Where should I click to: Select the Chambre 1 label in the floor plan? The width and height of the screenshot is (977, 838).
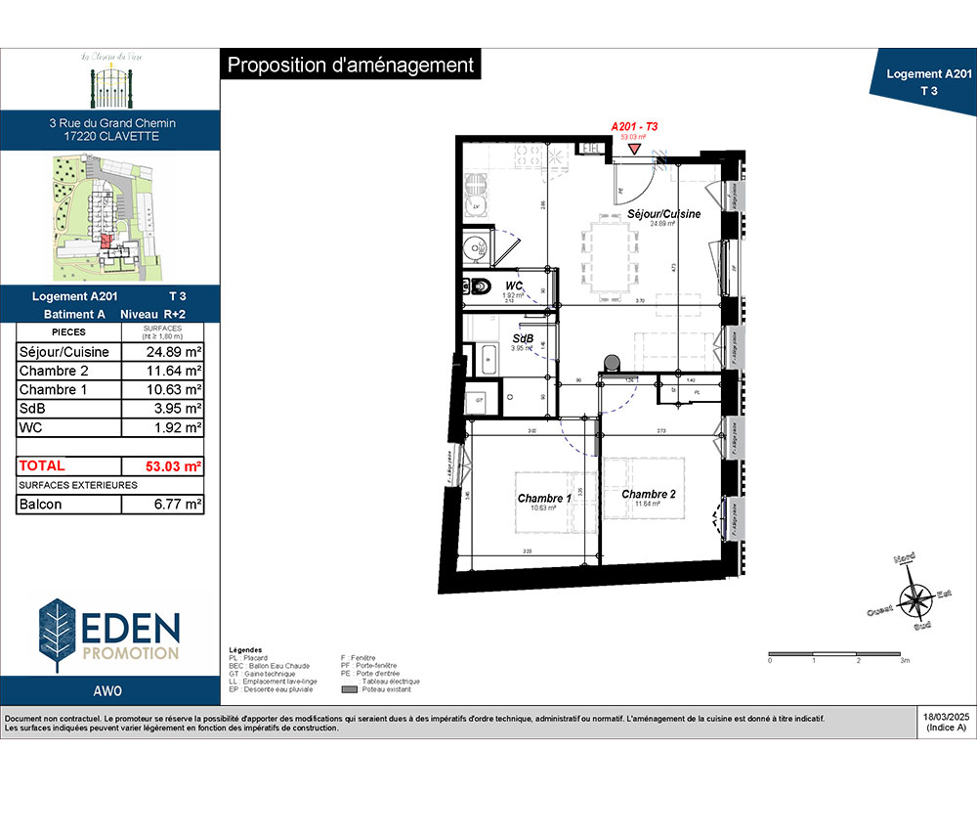pyautogui.click(x=545, y=499)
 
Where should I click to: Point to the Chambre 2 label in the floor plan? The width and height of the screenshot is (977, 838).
pyautogui.click(x=649, y=494)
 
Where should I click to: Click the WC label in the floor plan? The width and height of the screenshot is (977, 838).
pyautogui.click(x=514, y=286)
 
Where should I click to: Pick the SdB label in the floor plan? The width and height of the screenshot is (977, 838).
pyautogui.click(x=522, y=338)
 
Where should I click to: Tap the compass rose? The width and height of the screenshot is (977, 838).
pyautogui.click(x=917, y=597)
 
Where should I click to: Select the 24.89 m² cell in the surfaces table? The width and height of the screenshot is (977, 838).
pyautogui.click(x=162, y=352)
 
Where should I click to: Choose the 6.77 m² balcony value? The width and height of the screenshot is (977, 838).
pyautogui.click(x=162, y=505)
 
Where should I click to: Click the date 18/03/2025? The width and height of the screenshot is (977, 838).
pyautogui.click(x=945, y=718)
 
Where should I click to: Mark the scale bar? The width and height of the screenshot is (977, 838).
pyautogui.click(x=838, y=652)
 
